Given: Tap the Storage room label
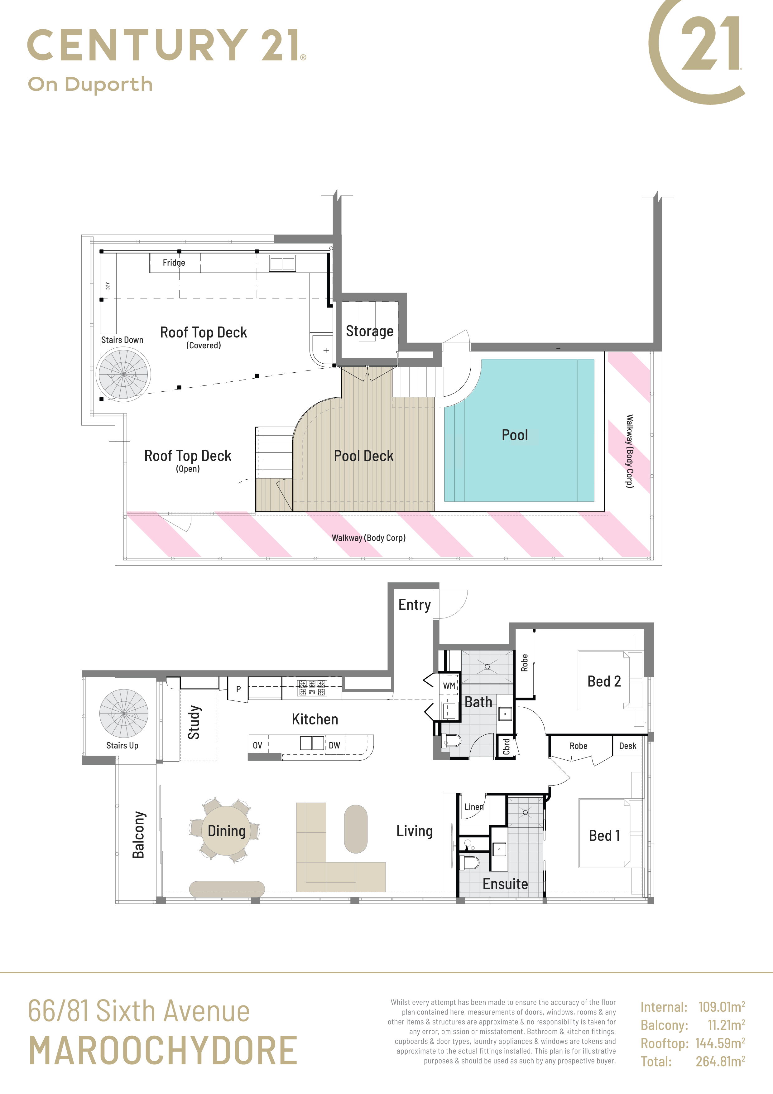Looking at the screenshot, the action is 370,331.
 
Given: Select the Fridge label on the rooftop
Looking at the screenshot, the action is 174,263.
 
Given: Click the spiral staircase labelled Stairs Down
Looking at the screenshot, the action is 123,374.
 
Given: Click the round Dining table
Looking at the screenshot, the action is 227,830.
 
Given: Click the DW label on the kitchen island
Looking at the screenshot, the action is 334,745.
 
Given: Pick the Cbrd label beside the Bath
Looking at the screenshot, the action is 506,747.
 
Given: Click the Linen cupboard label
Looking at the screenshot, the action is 474,807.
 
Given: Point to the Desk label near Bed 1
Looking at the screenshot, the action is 627,746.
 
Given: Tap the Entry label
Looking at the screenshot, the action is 414,605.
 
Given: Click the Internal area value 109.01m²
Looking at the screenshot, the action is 722,1007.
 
